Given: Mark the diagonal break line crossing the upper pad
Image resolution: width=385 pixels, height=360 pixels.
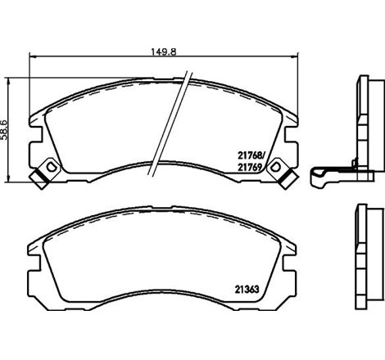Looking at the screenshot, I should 175,123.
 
